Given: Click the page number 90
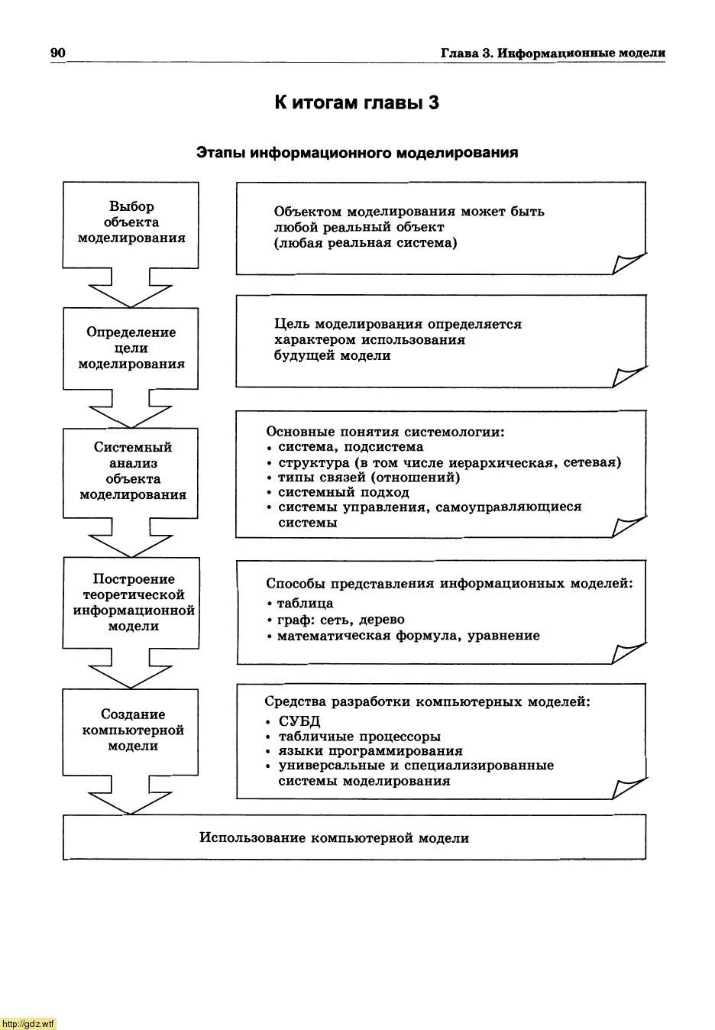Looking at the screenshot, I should click(58, 53).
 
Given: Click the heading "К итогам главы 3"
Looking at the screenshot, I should click(357, 103).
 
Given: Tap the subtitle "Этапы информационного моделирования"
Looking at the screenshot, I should click(357, 153).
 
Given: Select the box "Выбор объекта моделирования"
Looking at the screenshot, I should click(131, 222).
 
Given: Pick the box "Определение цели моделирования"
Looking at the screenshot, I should click(131, 348).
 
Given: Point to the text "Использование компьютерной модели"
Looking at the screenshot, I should click(334, 838).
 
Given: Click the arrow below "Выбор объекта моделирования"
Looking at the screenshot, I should click(131, 288).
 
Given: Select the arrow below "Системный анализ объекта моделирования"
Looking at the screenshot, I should click(131, 539).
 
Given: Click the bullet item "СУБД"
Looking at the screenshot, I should click(299, 721).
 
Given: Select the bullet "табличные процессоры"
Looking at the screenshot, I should click(359, 737).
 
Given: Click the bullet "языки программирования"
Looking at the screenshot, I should click(370, 751).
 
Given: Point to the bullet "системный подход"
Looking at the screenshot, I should click(343, 493).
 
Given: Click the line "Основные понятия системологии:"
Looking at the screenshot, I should click(385, 432).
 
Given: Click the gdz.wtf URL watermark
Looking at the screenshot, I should click(28, 1024).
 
